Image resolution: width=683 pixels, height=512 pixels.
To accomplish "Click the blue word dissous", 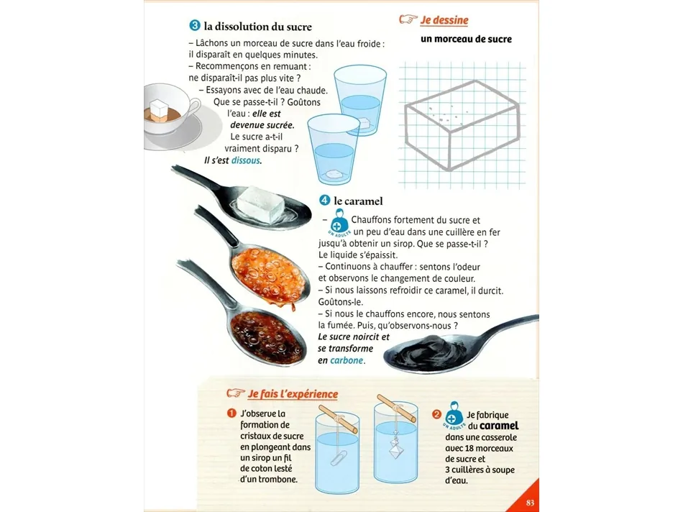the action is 246,160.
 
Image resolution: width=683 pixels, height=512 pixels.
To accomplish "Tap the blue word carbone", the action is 347,360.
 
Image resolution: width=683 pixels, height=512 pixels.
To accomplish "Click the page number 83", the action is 530,503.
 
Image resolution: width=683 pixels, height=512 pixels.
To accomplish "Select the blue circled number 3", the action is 194,26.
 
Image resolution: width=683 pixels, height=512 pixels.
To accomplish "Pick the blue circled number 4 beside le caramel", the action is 324,201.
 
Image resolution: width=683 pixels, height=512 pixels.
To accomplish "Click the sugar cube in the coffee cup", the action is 159,108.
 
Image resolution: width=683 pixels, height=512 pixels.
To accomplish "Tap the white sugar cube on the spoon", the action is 260,204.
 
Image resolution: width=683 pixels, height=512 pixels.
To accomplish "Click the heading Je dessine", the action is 444,20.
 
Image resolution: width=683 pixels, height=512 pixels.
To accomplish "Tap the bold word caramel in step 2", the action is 499,426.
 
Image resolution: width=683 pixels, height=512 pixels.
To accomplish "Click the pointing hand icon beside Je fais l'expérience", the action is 236,393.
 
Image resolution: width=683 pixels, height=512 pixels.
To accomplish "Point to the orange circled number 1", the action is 232,413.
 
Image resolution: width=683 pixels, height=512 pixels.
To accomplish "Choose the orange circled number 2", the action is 436,414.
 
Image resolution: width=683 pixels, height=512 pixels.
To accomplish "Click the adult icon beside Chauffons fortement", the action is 339,221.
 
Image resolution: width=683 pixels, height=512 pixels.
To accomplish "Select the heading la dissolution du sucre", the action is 258,27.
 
